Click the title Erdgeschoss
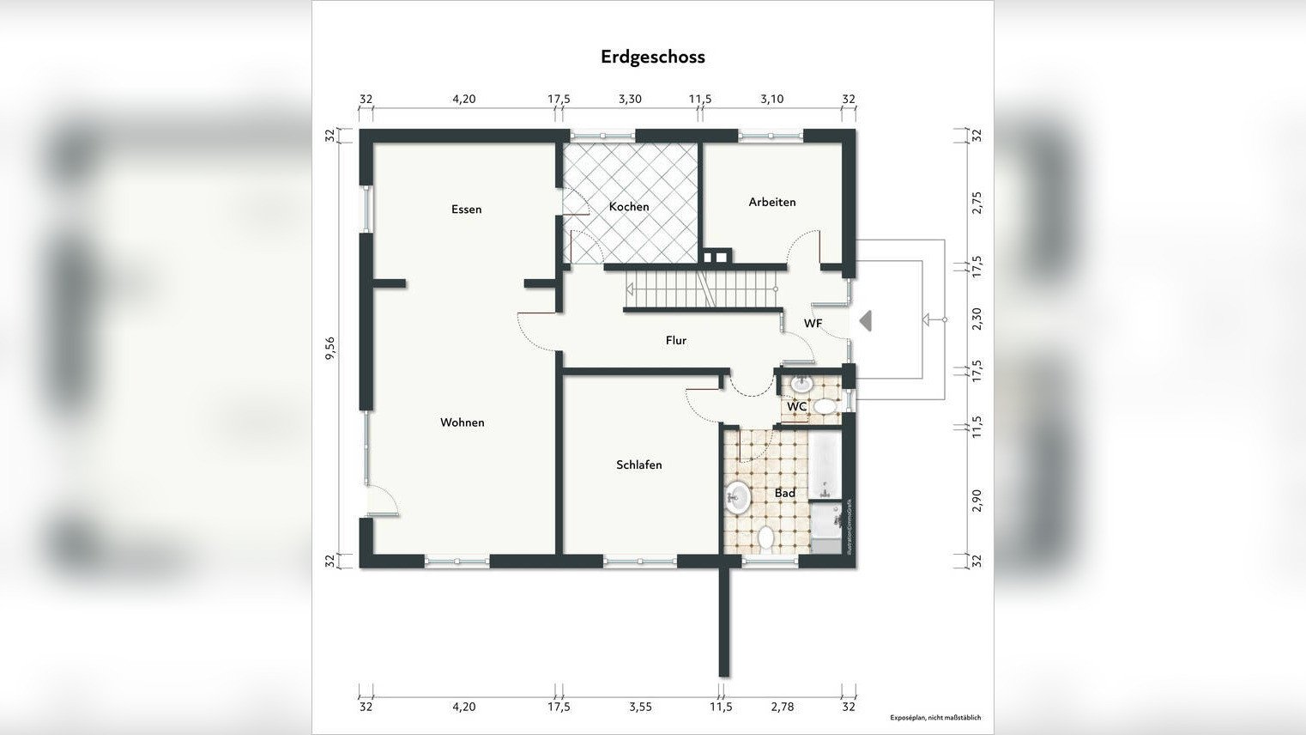pos(652,57)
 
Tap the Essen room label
pos(466,210)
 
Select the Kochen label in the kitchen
pos(629,207)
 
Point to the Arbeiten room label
pos(771,203)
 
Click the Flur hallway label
pos(675,341)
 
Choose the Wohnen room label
pos(462,422)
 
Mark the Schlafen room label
pos(638,465)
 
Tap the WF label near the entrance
pos(813,324)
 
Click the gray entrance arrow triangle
pos(866,320)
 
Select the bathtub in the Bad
pos(825,465)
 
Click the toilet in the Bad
pos(766,538)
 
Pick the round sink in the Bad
pos(737,495)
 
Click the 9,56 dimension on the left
pos(330,348)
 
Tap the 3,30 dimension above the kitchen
pos(630,99)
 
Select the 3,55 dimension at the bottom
pos(640,707)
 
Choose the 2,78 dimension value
pos(782,707)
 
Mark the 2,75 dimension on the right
pos(976,203)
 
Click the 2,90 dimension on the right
pos(976,501)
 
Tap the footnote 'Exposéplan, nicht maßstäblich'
pos(934,718)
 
